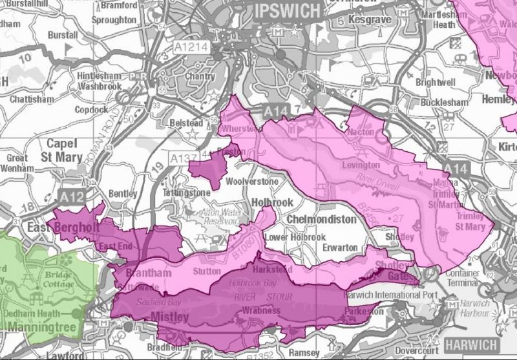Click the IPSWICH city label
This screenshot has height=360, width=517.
coord(287,11)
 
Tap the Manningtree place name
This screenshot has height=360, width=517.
coord(38,335)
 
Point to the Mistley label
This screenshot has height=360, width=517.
coord(169,317)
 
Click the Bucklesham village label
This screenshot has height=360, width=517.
coord(442,103)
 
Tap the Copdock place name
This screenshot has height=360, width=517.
coord(90,110)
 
